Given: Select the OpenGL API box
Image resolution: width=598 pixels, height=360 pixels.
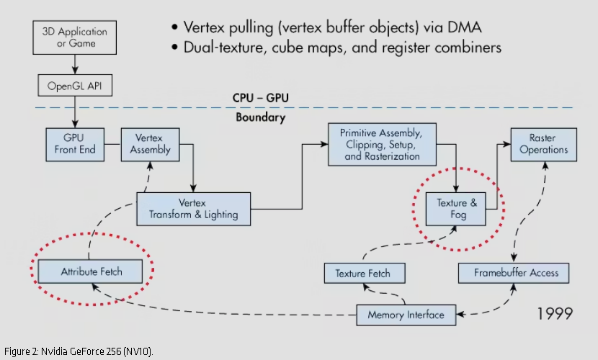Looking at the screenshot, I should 75,86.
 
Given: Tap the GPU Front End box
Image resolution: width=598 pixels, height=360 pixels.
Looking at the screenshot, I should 75,144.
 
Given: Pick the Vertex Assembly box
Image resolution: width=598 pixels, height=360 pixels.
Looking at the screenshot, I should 150,144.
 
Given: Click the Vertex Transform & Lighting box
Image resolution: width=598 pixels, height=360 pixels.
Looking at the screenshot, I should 193,209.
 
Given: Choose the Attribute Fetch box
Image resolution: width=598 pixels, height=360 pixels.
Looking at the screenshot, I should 92,271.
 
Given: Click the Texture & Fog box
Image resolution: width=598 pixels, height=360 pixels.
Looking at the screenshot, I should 457,209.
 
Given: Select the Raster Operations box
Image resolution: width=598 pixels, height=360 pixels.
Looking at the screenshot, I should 543,144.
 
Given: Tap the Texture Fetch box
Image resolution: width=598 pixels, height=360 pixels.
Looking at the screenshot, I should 362,274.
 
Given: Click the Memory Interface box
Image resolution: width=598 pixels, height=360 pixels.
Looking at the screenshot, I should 406,315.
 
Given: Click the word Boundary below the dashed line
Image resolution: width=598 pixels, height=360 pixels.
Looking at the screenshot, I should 260,117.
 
